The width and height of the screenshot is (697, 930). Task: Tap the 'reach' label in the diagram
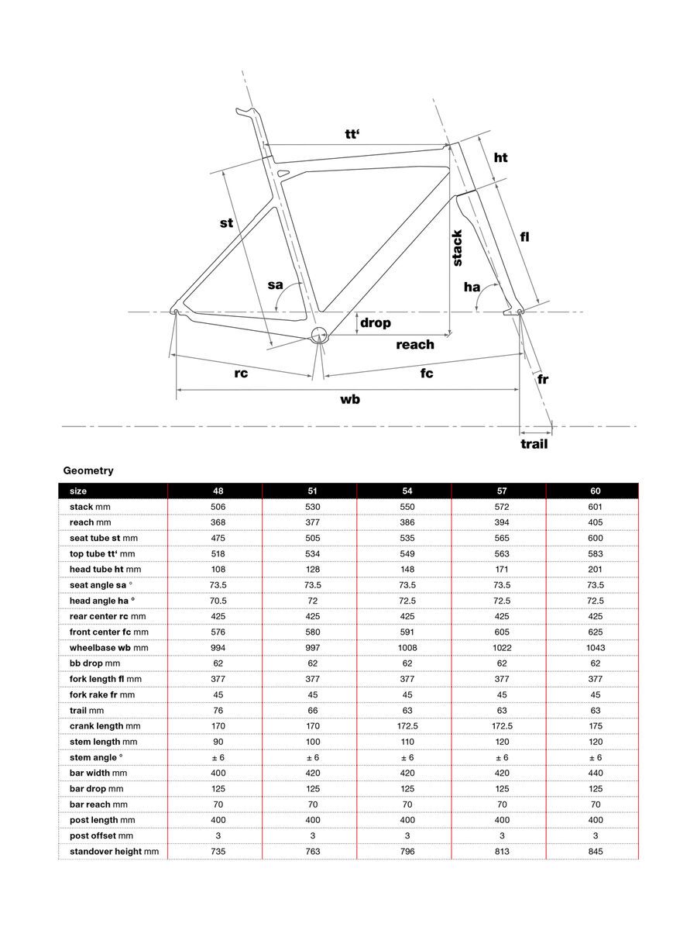[x=415, y=344]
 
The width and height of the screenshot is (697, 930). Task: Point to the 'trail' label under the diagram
[x=534, y=444]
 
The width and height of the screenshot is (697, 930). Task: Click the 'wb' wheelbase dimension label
[x=350, y=400]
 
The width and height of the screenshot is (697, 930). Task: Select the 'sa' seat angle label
[x=276, y=285]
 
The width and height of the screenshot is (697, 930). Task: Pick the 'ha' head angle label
[x=472, y=288]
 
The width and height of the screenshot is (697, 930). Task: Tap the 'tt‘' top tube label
[x=354, y=133]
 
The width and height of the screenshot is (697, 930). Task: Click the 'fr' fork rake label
[x=544, y=379]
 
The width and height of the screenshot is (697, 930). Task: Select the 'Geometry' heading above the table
[x=88, y=470]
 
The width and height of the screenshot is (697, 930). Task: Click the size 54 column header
[x=407, y=491]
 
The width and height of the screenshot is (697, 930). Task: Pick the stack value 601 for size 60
[x=595, y=507]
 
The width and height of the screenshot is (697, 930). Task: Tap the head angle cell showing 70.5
[x=218, y=601]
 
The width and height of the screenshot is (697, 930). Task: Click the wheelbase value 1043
[x=595, y=648]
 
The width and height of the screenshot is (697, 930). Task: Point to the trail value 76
[x=218, y=710]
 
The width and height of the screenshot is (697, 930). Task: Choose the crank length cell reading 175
[x=595, y=726]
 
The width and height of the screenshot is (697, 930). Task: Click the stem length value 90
[x=218, y=742]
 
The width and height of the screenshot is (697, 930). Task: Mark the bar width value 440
[x=595, y=773]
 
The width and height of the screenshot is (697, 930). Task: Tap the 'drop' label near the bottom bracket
[x=375, y=322]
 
